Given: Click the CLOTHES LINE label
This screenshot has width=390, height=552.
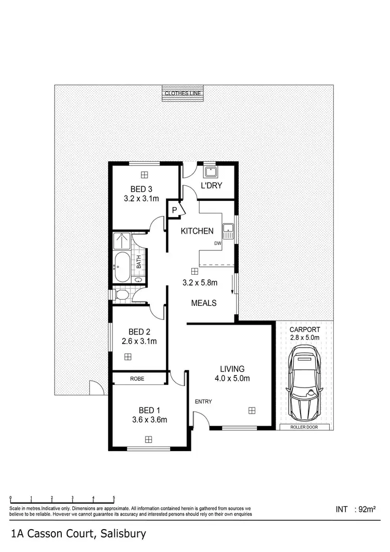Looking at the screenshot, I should pos(183,93).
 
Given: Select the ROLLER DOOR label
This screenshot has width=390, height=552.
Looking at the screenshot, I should pos(305,428).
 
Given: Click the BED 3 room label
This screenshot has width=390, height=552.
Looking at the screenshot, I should pos(140,189).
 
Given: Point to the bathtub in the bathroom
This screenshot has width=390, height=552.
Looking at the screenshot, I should pos(123,266).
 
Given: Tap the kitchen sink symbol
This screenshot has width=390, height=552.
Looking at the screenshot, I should pos(228,228).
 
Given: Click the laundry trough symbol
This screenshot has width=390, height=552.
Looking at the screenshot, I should pos(211,171).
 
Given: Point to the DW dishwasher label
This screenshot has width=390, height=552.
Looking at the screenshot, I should pos(217,243).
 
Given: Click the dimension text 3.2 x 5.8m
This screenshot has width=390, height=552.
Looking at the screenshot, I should pos(199,283).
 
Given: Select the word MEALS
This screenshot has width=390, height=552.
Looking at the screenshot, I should pos(204,303).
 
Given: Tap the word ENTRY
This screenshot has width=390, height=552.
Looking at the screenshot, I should pos(203,401).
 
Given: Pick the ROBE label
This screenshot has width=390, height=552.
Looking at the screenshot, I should pos(138,379).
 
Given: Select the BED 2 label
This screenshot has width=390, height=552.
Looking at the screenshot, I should pos(140,332).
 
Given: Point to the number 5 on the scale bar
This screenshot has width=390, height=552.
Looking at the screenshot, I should pos(113,498).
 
